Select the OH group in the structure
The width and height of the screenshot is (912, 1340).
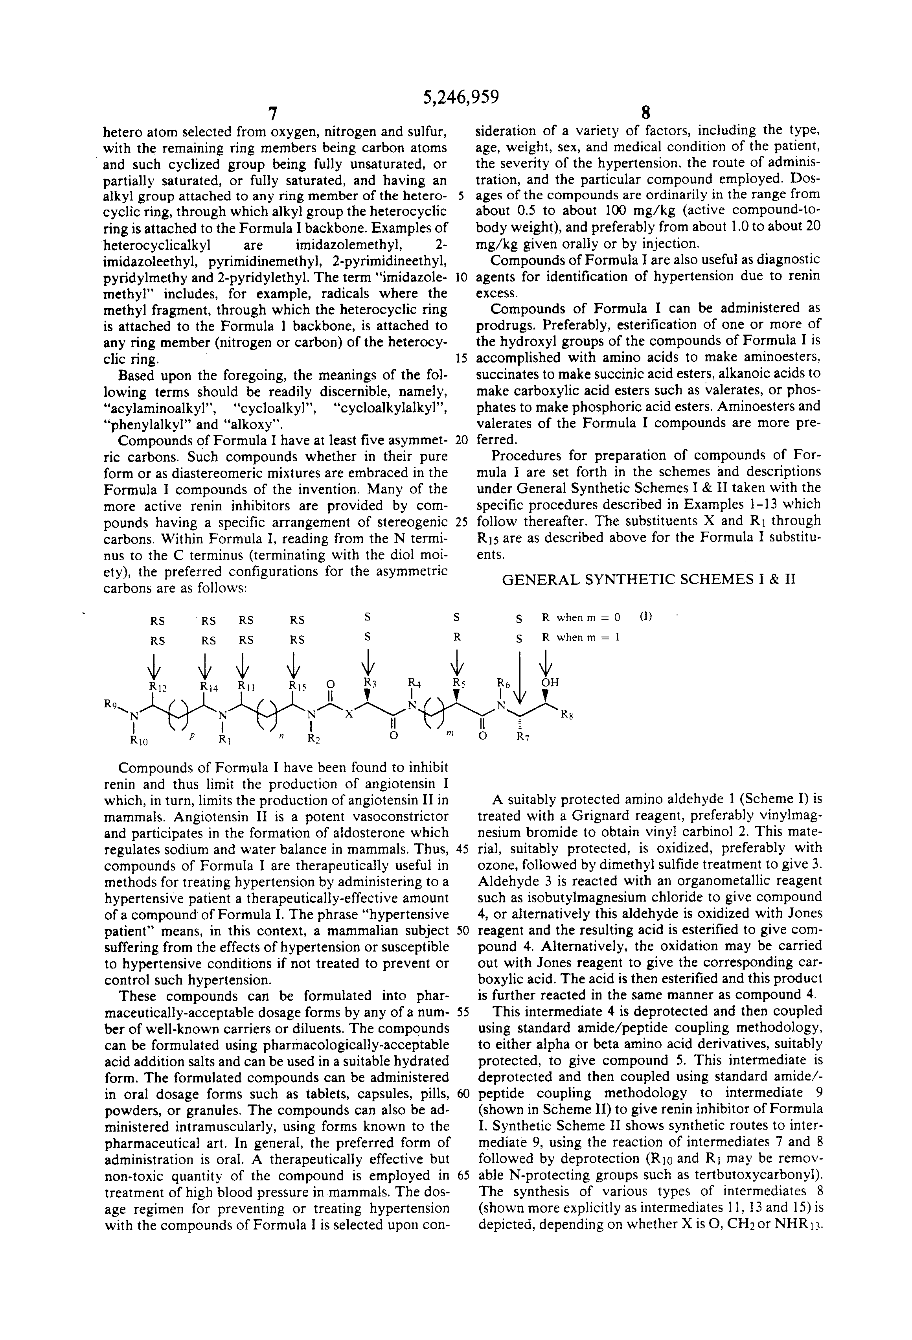click(x=550, y=683)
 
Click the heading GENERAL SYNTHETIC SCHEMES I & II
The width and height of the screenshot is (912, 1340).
click(x=649, y=579)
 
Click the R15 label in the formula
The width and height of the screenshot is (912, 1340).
click(x=296, y=687)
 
